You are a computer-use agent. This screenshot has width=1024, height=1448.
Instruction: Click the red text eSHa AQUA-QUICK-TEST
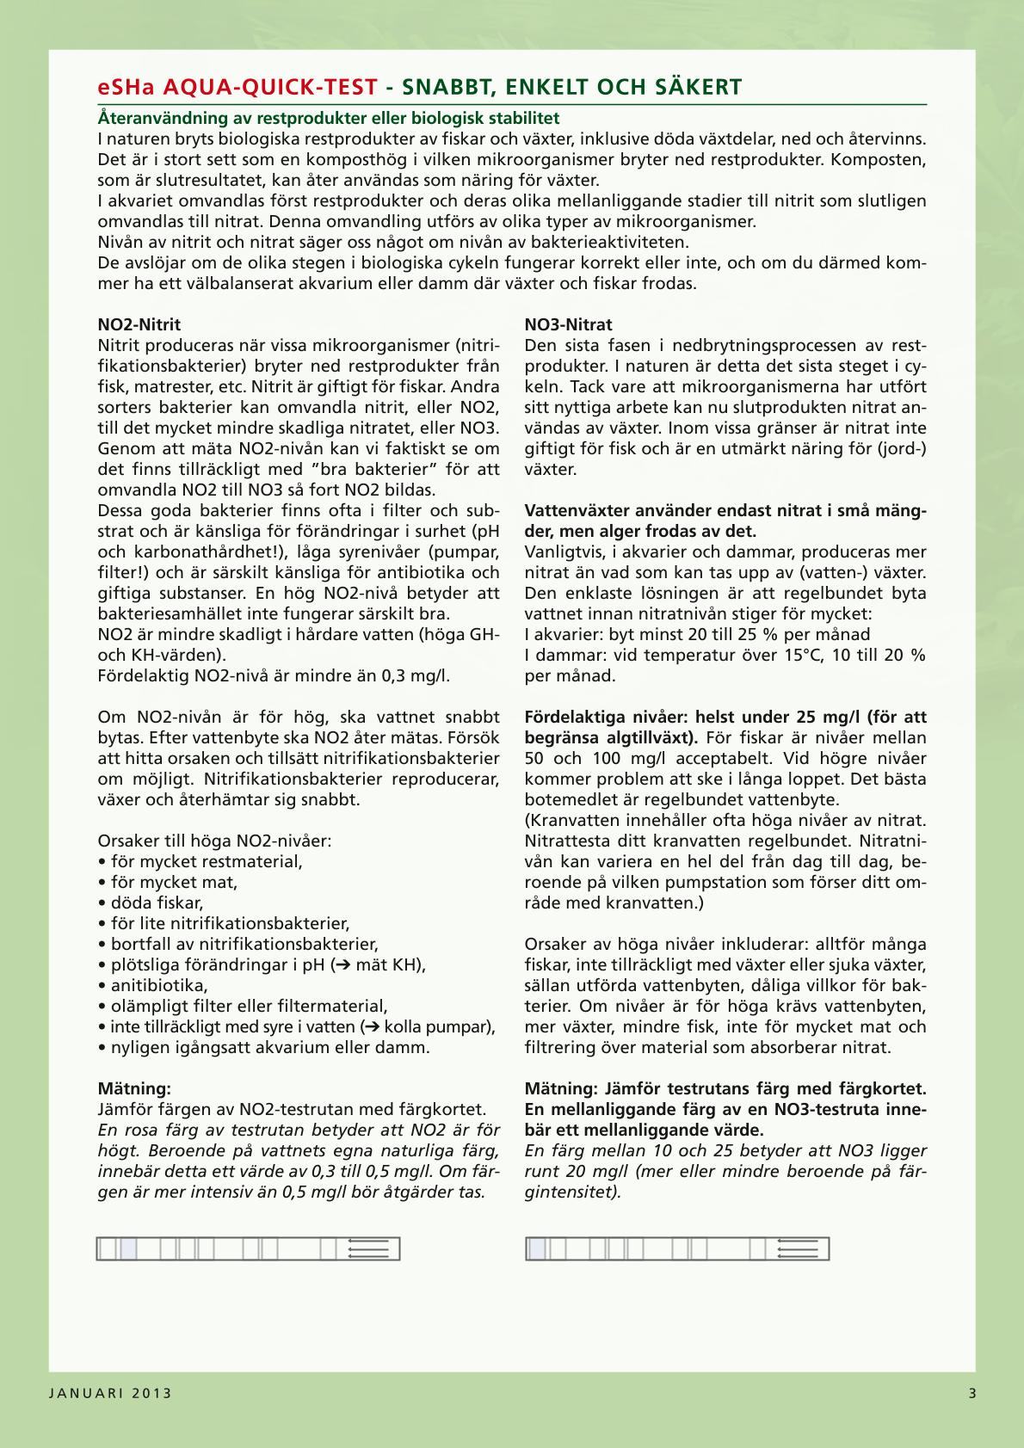(237, 87)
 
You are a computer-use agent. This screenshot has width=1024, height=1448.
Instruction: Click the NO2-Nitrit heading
(139, 324)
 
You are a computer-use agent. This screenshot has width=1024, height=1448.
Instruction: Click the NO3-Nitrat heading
(569, 324)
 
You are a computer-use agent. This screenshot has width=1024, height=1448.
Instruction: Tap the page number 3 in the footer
(972, 1394)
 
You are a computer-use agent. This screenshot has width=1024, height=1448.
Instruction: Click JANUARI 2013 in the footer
(109, 1394)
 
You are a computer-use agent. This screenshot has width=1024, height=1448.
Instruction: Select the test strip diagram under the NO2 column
(248, 1248)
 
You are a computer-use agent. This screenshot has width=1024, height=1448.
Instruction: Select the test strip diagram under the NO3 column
(677, 1248)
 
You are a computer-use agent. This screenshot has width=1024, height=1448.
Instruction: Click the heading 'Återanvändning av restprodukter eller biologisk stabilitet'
(329, 117)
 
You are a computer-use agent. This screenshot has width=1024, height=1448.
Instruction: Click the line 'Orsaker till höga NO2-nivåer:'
(214, 841)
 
